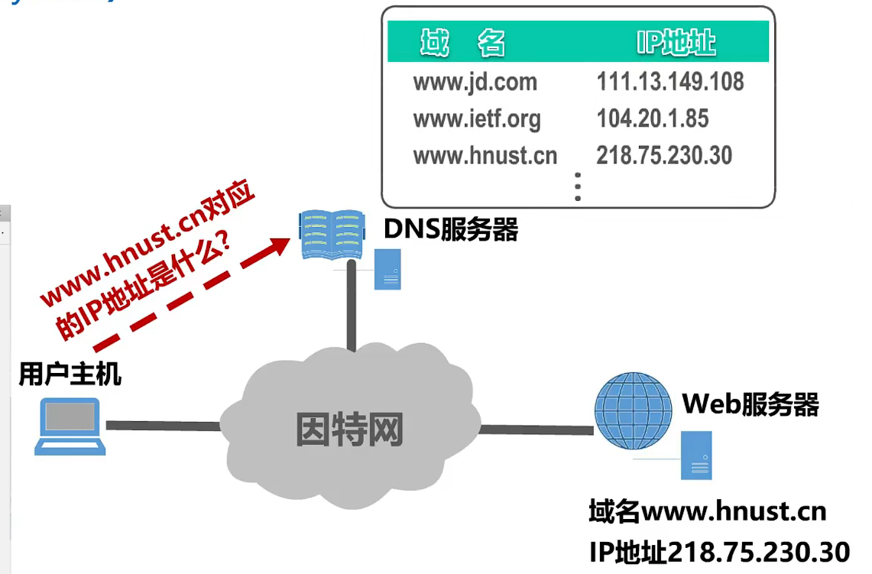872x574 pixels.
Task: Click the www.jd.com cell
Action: click(475, 82)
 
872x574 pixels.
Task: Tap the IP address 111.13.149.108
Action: click(669, 82)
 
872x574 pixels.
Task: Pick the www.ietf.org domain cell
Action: click(476, 118)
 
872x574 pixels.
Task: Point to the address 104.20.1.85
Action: click(652, 118)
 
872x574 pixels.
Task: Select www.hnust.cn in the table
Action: click(485, 155)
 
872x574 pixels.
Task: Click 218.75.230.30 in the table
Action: click(663, 155)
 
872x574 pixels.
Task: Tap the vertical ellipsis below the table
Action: click(578, 186)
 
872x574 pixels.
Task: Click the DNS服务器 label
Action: click(451, 229)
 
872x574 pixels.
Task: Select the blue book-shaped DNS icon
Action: click(330, 234)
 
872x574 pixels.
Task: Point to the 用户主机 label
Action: click(70, 375)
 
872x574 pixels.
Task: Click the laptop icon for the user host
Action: click(70, 425)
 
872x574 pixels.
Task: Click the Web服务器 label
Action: click(750, 404)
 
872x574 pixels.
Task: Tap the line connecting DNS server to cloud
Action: click(352, 306)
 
